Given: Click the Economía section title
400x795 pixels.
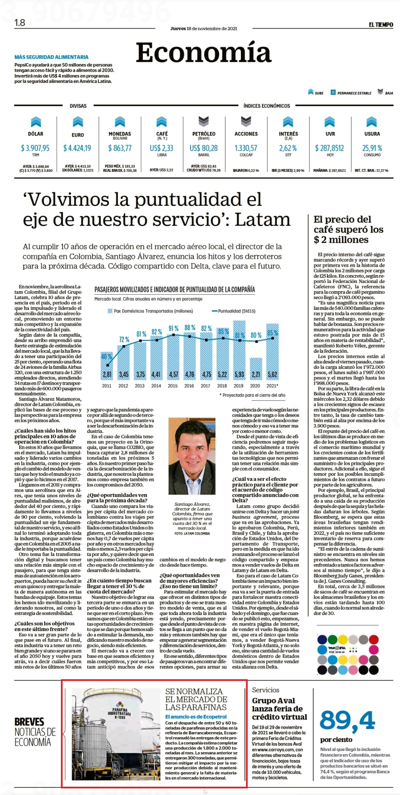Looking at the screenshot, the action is [204, 52].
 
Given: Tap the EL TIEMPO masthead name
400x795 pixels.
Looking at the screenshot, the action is [381, 24].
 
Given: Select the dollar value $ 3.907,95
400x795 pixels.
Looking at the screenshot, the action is [35, 148].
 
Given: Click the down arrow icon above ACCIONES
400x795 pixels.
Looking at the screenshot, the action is [246, 121].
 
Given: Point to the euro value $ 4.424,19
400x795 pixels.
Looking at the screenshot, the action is [77, 148].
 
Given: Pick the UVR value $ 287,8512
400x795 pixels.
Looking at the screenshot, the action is [330, 148].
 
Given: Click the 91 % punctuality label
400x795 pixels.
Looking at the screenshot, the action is [174, 328].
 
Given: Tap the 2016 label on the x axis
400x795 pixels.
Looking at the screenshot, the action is [189, 386].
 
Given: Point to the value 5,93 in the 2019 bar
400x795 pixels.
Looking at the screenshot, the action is [239, 374].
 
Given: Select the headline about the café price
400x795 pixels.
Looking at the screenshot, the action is [348, 230].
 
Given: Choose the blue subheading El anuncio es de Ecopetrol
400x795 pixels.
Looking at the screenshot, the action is [196, 717].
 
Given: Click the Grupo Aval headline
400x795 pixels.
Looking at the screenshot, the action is [280, 709].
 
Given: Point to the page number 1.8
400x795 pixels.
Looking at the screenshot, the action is [20, 22].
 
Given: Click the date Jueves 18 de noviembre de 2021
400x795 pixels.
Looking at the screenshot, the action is [204, 28].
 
